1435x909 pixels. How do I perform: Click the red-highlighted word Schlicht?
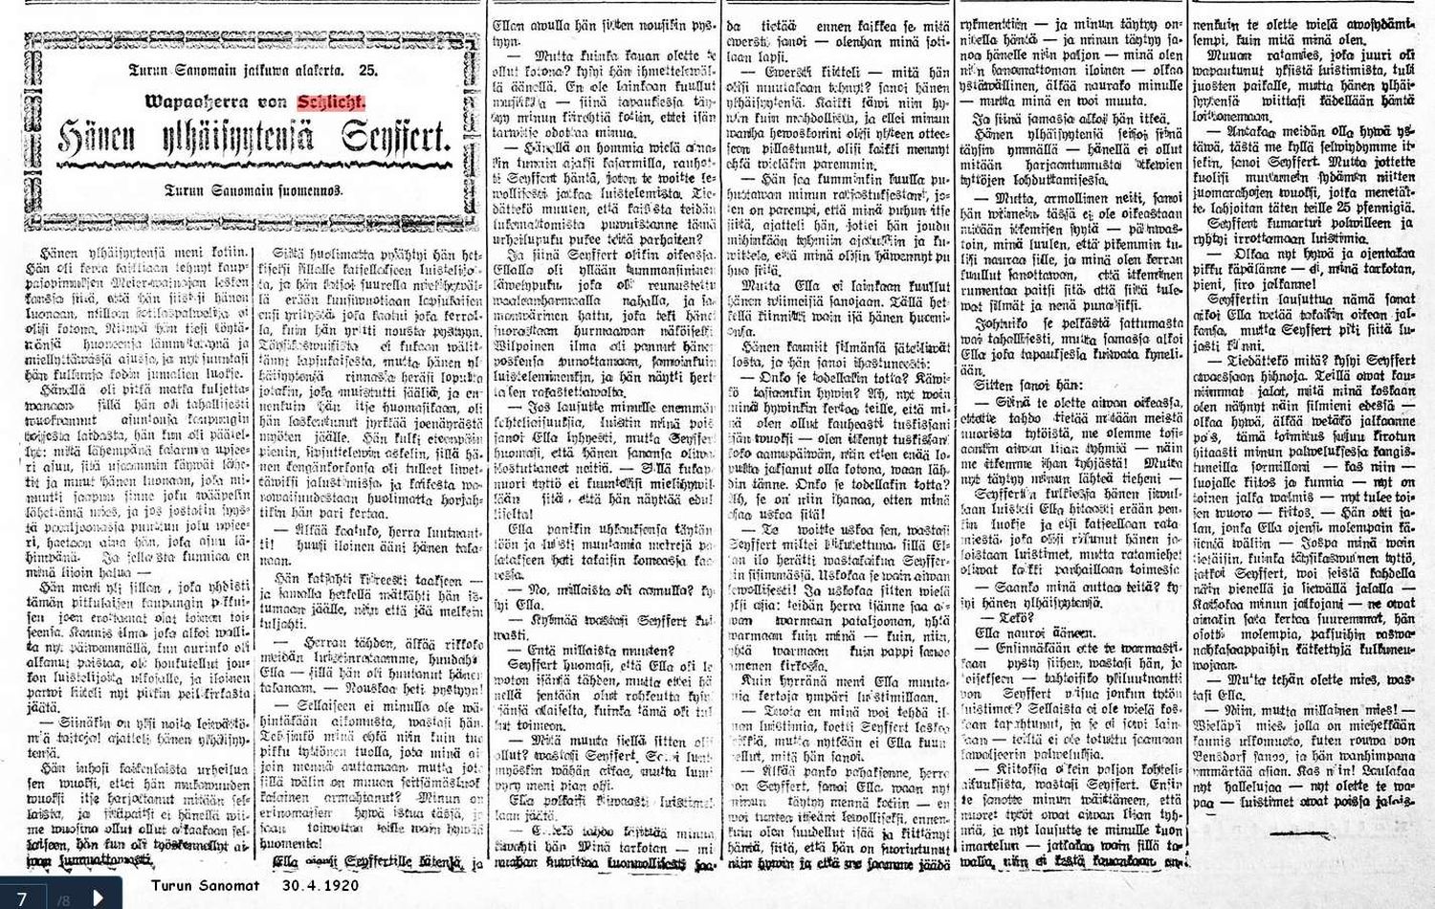330,102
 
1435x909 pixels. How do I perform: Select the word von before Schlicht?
274,102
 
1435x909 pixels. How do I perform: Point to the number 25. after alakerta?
368,70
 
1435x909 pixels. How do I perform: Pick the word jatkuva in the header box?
243,70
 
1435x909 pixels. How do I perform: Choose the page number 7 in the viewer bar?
21,897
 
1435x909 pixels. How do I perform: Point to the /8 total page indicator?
64,898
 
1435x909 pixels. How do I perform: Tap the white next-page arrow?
98,897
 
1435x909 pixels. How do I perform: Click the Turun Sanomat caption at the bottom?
206,885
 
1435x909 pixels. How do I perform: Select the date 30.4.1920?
320,885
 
